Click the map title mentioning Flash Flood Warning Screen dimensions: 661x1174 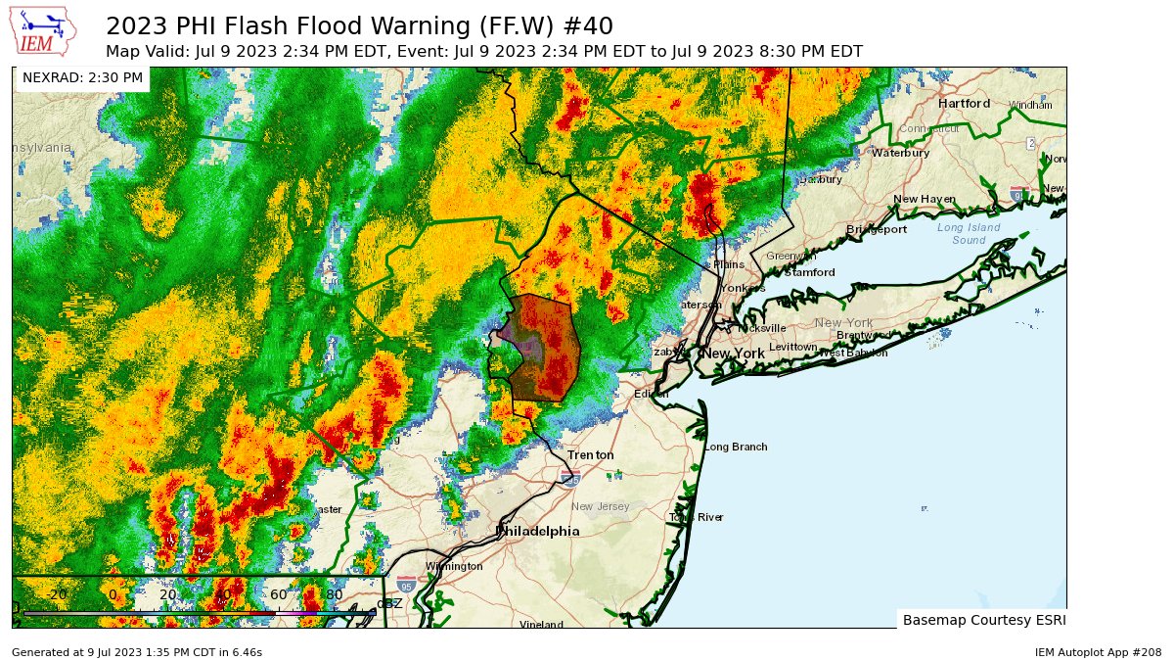[359, 24]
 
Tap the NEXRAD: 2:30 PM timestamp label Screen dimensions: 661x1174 [82, 77]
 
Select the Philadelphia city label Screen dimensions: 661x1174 [537, 531]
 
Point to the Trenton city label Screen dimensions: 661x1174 [591, 455]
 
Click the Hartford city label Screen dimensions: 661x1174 [964, 103]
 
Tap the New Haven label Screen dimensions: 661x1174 [924, 199]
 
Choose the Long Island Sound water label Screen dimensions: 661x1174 [969, 233]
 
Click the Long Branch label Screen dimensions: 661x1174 [735, 447]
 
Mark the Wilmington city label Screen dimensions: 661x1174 [454, 566]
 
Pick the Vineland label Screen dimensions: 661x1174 [541, 624]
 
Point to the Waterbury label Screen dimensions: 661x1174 [899, 153]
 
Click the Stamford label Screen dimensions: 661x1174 [809, 272]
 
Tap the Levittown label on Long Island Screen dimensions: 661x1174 [792, 347]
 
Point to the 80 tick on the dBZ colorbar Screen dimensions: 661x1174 [334, 594]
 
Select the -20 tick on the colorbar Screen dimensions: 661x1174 [57, 594]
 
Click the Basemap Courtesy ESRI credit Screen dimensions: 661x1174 [981, 620]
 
